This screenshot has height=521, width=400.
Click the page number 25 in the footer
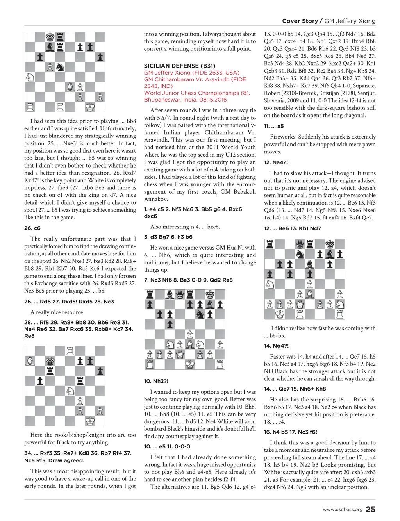pyautogui.click(x=370, y=509)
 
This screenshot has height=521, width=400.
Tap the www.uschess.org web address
pyautogui.click(x=343, y=509)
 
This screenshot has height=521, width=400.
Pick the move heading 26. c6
pyautogui.click(x=32, y=228)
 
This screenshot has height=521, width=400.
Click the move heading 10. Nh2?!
pyautogui.click(x=156, y=381)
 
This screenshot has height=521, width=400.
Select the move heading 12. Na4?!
pyautogui.click(x=276, y=162)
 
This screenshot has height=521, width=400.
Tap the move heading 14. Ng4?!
pyautogui.click(x=276, y=346)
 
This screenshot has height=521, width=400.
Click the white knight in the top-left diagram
pyautogui.click(x=30, y=77)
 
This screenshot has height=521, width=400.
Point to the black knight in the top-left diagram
pyautogui.click(x=60, y=67)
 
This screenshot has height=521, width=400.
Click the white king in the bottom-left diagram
pyautogui.click(x=90, y=421)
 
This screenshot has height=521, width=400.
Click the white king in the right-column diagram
pyautogui.click(x=280, y=314)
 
